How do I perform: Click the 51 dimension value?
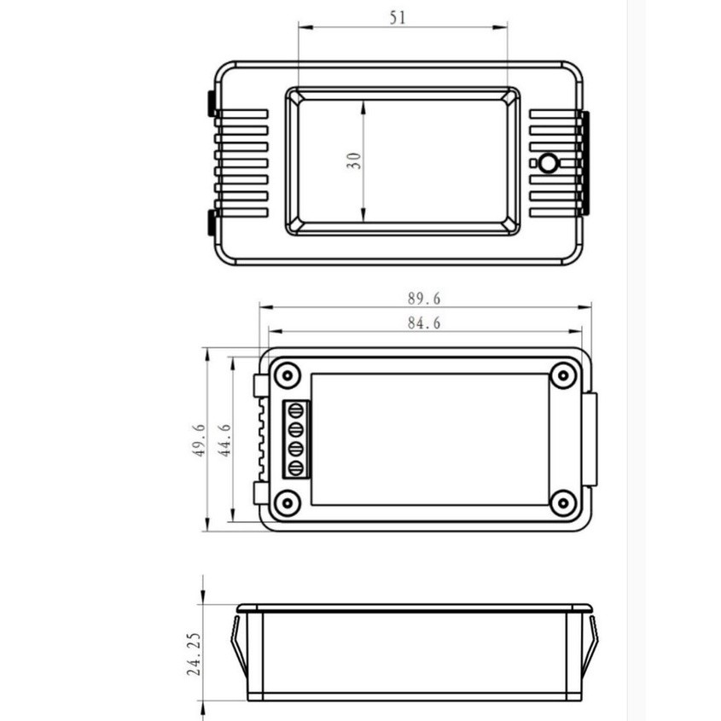[x=398, y=18]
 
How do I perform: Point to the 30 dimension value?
[x=353, y=161]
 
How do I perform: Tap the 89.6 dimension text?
[x=424, y=299]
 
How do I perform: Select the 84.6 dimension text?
[x=424, y=323]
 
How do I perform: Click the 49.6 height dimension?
[x=199, y=440]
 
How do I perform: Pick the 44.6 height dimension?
[x=224, y=440]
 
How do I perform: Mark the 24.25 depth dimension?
[x=194, y=654]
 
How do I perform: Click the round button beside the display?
[x=548, y=163]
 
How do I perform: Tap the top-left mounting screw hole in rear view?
[x=288, y=375]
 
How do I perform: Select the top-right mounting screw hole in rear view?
[x=563, y=375]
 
